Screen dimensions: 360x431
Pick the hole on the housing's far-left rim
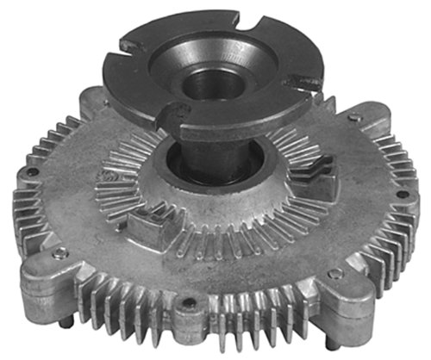pos(32,171)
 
